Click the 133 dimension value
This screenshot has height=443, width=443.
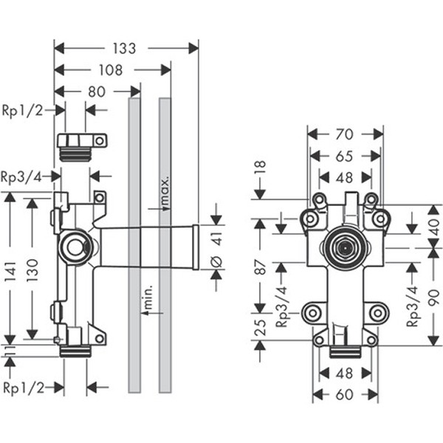click(x=125, y=49)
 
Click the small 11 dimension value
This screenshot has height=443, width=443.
click(x=10, y=350)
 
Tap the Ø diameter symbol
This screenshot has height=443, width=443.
click(x=216, y=259)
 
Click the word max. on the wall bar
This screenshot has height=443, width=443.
click(x=165, y=191)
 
